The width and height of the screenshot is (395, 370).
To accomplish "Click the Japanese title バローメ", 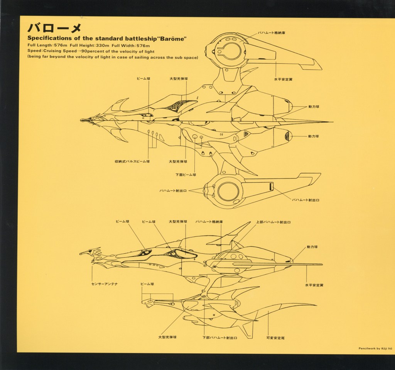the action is pos(54,28).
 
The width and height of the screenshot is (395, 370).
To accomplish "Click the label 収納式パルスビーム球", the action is pos(132,161).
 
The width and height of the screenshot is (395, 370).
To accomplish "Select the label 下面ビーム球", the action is pos(186,175).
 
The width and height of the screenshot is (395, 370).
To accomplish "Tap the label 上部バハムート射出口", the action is pos(273,222).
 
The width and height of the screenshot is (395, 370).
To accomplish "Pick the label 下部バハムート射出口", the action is pos(220,338).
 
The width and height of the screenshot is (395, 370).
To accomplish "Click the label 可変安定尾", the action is pos(275,338).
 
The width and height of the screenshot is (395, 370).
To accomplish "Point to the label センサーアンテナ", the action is pos(105,284).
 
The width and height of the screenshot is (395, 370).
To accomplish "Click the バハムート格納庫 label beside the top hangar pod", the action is pos(272,33).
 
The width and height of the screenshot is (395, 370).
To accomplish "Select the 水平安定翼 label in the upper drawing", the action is pos(283,80).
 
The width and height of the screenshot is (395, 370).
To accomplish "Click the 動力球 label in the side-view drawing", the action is pos(312,247).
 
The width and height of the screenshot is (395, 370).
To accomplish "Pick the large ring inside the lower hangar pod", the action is pos(228,191).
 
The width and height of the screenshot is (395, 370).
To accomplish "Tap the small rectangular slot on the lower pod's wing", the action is pos(271,186).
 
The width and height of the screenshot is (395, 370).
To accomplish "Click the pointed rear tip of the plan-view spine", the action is pos(333,122).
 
